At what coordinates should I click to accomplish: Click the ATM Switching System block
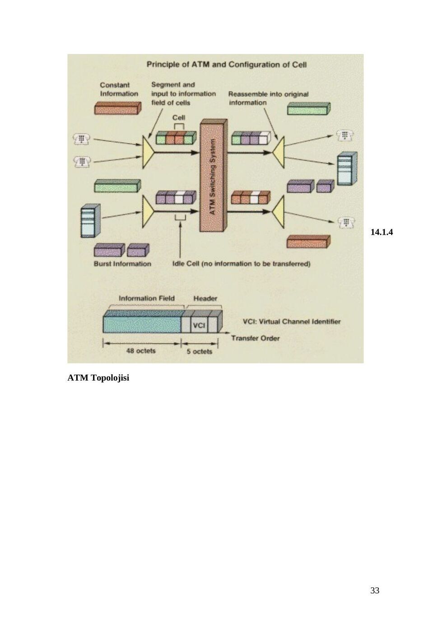pyautogui.click(x=213, y=176)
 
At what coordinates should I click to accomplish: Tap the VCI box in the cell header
pyautogui.click(x=199, y=325)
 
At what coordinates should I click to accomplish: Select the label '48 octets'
pyautogui.click(x=141, y=351)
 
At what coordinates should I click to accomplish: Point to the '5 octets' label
pyautogui.click(x=199, y=352)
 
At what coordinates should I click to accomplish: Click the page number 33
pyautogui.click(x=375, y=590)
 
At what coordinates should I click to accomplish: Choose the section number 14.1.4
pyautogui.click(x=382, y=232)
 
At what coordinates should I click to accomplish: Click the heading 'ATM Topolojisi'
pyautogui.click(x=98, y=378)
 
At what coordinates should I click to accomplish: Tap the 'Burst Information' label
pyautogui.click(x=122, y=264)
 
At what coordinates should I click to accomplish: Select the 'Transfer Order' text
pyautogui.click(x=256, y=338)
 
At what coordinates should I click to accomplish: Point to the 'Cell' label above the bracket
pyautogui.click(x=179, y=117)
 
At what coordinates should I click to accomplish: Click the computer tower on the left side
pyautogui.click(x=90, y=221)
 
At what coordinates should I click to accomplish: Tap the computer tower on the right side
pyautogui.click(x=347, y=169)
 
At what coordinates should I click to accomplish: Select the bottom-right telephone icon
pyautogui.click(x=346, y=223)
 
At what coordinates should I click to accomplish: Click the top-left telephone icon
pyautogui.click(x=82, y=139)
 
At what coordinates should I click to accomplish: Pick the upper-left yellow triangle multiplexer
pyautogui.click(x=148, y=153)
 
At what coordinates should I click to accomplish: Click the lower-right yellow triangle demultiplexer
pyautogui.click(x=279, y=212)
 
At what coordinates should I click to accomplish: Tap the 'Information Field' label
pyautogui.click(x=147, y=298)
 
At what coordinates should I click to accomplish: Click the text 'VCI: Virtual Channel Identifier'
pyautogui.click(x=292, y=321)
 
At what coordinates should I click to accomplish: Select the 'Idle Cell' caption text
pyautogui.click(x=241, y=264)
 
